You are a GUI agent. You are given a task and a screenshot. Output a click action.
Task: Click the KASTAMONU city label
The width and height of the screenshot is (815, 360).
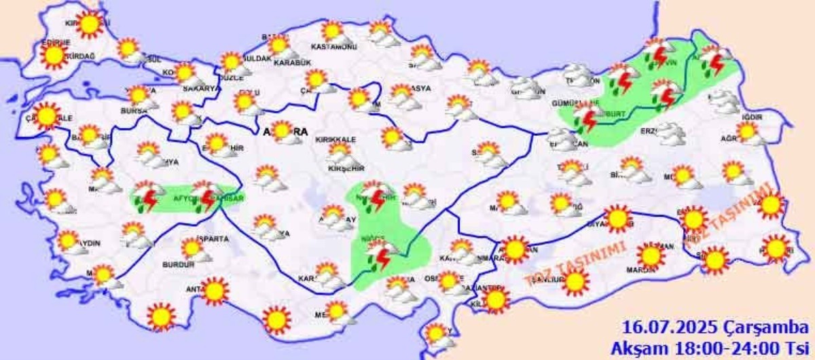tap(333, 47)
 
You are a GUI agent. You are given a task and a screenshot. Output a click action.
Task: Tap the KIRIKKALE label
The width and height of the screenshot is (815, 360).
tap(333, 140)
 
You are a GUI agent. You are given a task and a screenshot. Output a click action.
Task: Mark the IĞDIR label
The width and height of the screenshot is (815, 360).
tap(753, 117)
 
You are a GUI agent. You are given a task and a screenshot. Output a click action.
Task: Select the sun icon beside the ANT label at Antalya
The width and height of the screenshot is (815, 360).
tap(215, 291)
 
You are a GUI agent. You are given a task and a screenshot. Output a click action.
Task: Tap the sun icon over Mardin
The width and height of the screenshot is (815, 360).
tap(651, 255)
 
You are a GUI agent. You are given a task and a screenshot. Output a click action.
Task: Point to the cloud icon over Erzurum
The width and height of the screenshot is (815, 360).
tap(670, 132)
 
